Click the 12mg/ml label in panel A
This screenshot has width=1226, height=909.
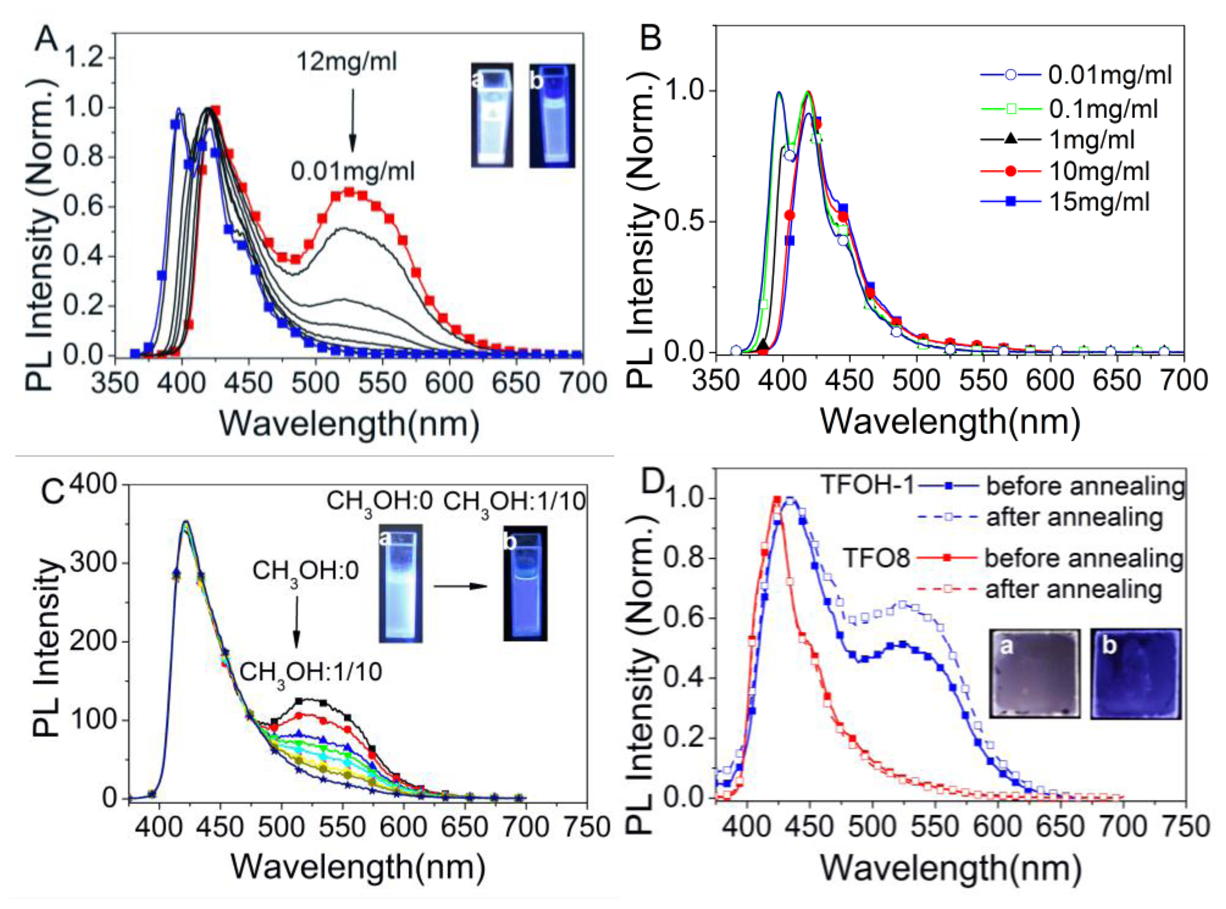click(x=346, y=61)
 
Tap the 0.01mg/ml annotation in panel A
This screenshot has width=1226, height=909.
click(x=353, y=172)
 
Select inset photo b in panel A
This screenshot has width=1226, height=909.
click(x=552, y=116)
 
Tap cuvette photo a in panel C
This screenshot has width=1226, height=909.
click(x=400, y=583)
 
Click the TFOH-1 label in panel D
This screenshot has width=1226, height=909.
click(x=867, y=485)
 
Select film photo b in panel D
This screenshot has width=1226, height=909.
click(x=1136, y=674)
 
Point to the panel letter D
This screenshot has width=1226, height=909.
click(x=655, y=483)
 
